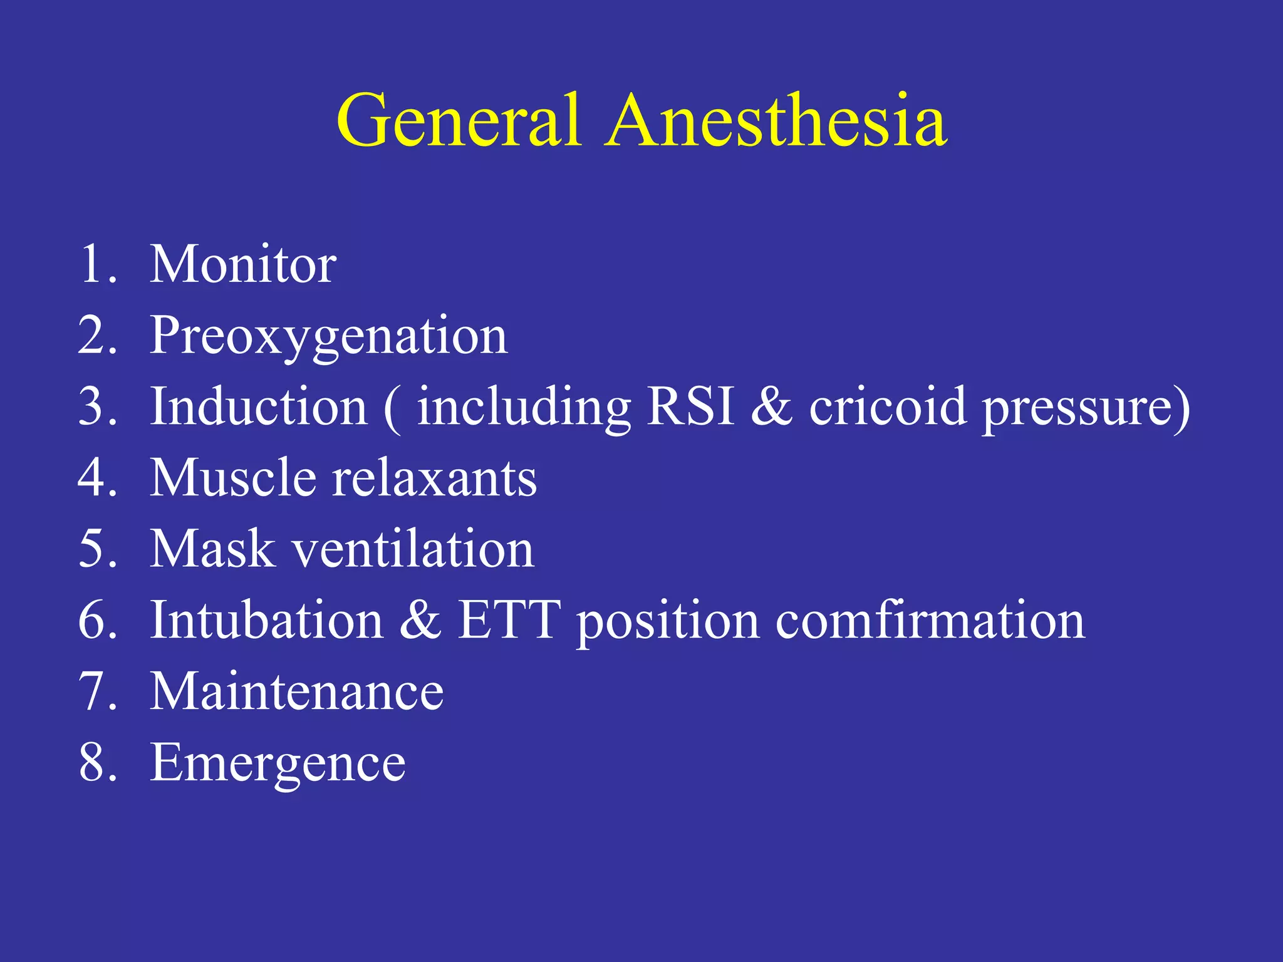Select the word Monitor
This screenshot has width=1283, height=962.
243,264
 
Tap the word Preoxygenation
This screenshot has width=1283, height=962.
328,336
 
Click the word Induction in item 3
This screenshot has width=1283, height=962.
259,407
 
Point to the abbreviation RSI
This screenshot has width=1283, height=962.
690,407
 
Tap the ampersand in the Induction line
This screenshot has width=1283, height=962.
771,407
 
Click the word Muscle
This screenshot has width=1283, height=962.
232,478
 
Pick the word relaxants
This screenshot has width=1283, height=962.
434,478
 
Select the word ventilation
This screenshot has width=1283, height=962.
413,549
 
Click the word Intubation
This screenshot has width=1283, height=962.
267,620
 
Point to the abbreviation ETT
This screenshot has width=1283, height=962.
509,620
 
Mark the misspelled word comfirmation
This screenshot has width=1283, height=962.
930,620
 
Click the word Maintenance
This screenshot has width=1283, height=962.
297,691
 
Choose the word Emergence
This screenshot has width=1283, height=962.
278,763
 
